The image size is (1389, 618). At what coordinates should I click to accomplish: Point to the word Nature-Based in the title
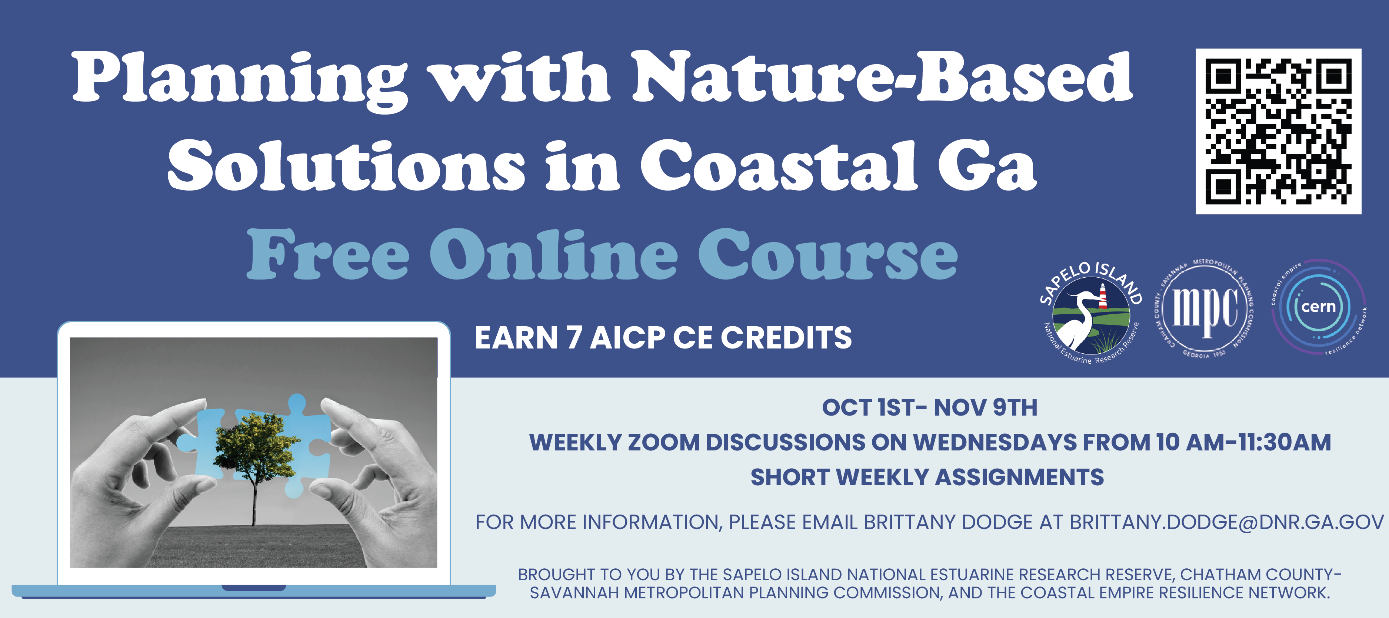pyautogui.click(x=882, y=77)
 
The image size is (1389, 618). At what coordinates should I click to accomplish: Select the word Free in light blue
pyautogui.click(x=328, y=254)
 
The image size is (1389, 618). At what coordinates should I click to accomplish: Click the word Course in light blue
pyautogui.click(x=828, y=254)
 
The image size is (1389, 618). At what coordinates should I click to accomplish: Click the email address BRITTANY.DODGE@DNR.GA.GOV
pyautogui.click(x=1227, y=522)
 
